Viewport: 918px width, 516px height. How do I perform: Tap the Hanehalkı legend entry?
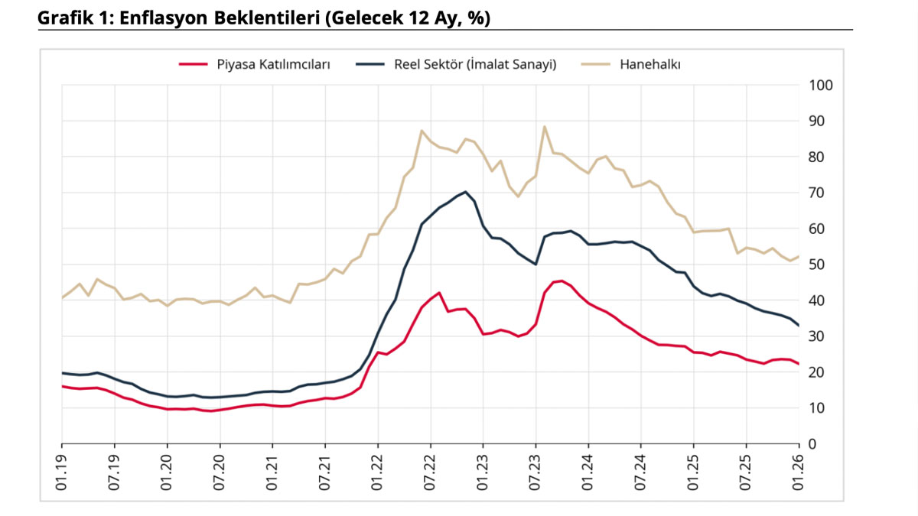tap(650, 65)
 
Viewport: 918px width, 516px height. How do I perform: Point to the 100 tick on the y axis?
tap(820, 85)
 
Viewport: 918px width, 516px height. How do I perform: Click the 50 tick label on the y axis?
tap(817, 264)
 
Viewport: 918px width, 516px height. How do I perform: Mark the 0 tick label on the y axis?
tap(813, 444)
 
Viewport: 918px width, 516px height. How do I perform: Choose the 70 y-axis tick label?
tap(817, 193)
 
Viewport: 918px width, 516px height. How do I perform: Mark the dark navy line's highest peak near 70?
tap(465, 192)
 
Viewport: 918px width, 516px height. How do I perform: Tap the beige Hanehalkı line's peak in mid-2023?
tap(544, 126)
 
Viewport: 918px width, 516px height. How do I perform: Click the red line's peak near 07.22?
tap(439, 293)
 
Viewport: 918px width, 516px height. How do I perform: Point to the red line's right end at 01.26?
tap(799, 364)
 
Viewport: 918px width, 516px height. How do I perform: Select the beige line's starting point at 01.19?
tap(62, 297)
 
